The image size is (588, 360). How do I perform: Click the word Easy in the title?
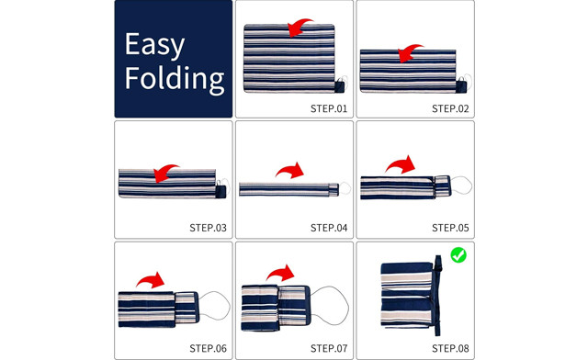click(154, 45)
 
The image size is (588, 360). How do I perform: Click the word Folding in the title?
click(175, 79)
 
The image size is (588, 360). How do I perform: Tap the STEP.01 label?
click(329, 108)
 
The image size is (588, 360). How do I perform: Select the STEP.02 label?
click(450, 108)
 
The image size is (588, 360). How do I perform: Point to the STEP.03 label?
click(209, 228)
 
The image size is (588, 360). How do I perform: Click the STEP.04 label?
click(329, 228)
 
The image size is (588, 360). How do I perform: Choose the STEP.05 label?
click(450, 228)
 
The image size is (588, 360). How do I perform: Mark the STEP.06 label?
click(209, 348)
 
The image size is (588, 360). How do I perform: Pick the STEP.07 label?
click(329, 348)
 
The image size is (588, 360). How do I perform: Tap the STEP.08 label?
click(450, 348)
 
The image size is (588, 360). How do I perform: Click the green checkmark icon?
click(458, 255)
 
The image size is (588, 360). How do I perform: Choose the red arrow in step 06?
click(152, 279)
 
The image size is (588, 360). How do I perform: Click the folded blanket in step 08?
click(407, 295)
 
